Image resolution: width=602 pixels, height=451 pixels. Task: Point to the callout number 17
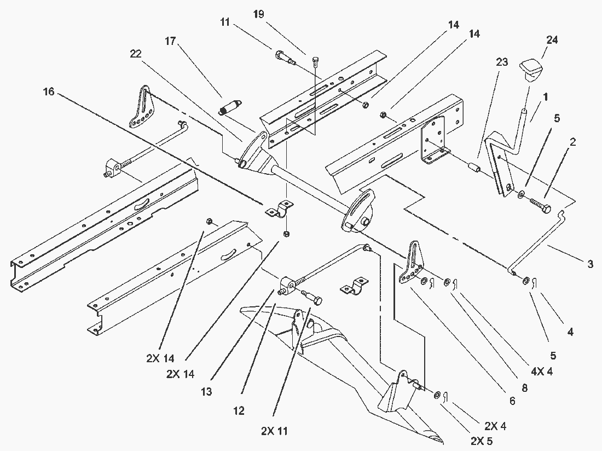point(171,41)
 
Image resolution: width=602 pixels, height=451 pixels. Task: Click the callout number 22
point(136,54)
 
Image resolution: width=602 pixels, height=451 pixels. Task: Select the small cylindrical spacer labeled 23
point(473,166)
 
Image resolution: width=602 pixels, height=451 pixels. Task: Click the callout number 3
point(590,265)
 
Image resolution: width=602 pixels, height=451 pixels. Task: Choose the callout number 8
point(524,387)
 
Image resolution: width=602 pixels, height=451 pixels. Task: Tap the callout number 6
point(512,401)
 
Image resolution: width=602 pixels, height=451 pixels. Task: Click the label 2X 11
point(274,431)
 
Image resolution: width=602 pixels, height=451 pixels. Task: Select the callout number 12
point(238,410)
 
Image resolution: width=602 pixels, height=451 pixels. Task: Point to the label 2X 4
point(494,426)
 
